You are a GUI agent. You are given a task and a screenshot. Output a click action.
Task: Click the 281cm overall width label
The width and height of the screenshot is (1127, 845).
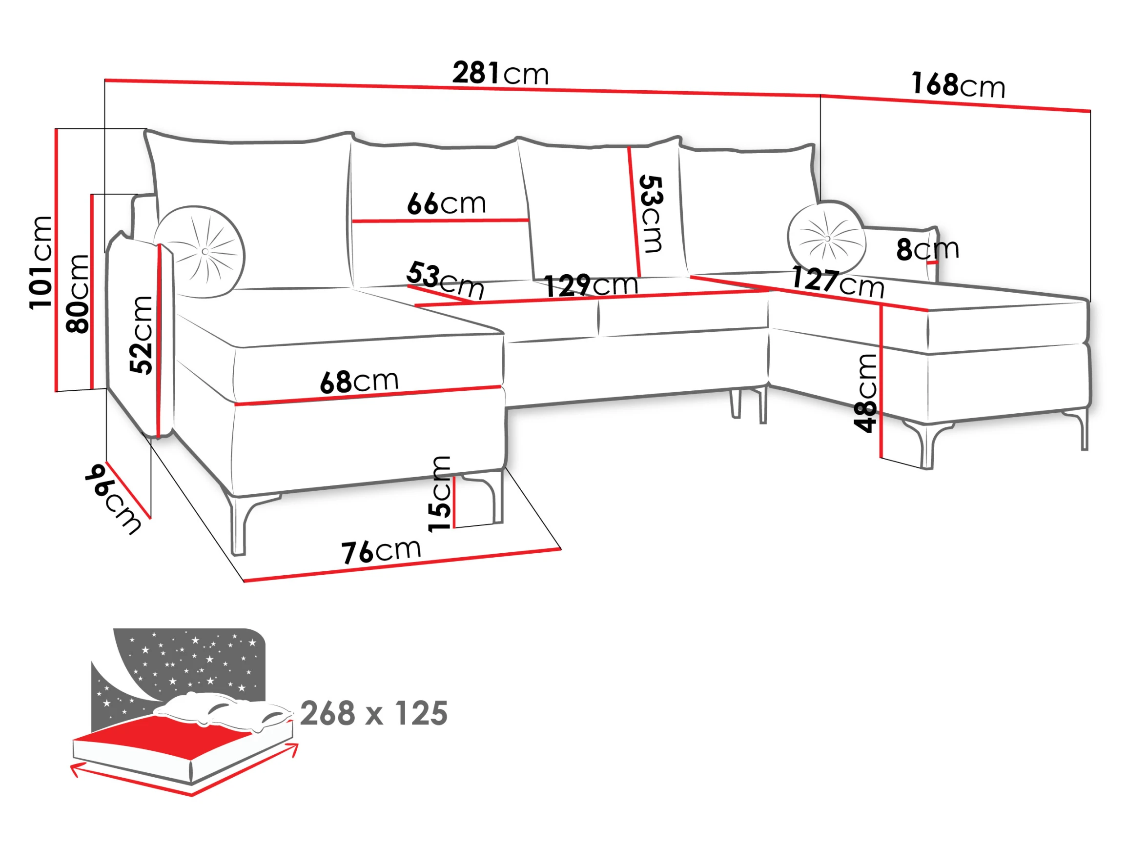(x=500, y=73)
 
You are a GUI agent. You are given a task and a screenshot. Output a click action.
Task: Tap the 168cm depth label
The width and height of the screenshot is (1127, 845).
(x=958, y=84)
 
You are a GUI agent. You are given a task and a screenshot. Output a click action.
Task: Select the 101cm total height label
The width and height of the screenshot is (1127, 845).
(x=41, y=262)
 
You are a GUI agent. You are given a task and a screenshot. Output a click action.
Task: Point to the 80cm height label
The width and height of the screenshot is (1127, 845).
(x=78, y=294)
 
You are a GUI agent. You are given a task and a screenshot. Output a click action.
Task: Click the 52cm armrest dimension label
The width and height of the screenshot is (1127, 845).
(x=141, y=335)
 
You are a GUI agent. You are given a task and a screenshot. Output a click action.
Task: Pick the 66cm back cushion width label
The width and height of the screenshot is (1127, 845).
(x=446, y=203)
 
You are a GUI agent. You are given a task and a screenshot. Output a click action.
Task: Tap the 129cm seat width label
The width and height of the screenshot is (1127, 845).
(x=591, y=285)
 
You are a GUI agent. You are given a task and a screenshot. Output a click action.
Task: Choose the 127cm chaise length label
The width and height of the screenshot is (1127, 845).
(x=838, y=282)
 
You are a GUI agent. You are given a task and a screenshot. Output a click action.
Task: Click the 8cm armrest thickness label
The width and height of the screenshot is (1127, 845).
(x=927, y=249)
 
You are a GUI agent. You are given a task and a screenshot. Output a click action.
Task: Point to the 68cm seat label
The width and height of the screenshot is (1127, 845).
(x=359, y=382)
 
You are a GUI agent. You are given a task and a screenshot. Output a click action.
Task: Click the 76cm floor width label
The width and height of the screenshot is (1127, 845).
(x=381, y=551)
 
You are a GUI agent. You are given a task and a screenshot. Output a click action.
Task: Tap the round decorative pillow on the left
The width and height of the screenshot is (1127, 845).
(x=200, y=252)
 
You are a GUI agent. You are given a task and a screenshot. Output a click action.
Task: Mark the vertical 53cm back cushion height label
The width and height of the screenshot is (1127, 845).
(x=652, y=214)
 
